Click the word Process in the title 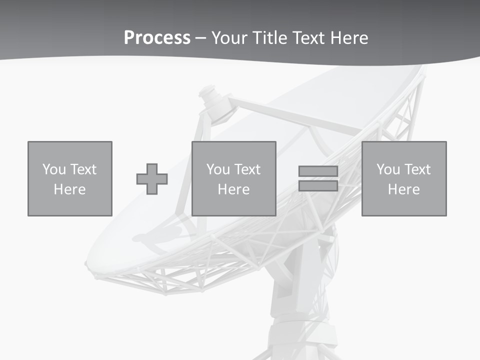(157, 38)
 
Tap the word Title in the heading (270, 38)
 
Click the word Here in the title (349, 38)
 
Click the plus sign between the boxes (152, 179)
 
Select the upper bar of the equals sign (318, 171)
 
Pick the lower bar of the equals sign (318, 186)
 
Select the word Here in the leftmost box (69, 189)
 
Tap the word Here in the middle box (233, 189)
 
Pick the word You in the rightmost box (388, 169)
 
